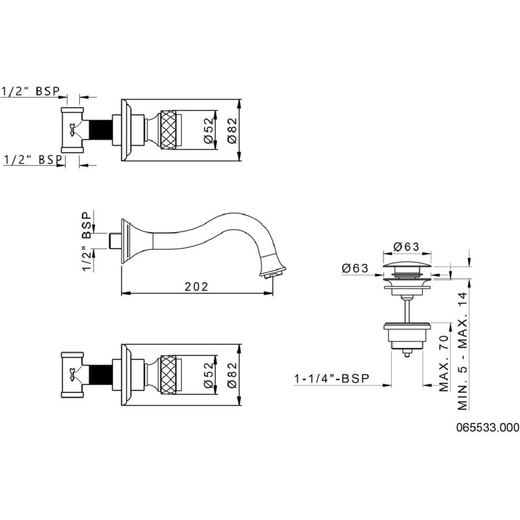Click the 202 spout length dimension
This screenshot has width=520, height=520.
[196, 287]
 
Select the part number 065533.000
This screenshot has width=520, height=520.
[488, 428]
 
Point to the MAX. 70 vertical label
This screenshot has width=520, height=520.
[443, 363]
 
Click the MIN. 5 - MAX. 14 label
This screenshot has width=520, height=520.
[463, 351]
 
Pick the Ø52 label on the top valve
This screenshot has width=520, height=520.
[209, 130]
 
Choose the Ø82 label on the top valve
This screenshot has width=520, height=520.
[232, 130]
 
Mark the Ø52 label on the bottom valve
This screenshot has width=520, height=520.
[209, 375]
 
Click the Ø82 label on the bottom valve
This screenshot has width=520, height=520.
[232, 375]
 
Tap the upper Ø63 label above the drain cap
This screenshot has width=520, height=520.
[407, 246]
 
